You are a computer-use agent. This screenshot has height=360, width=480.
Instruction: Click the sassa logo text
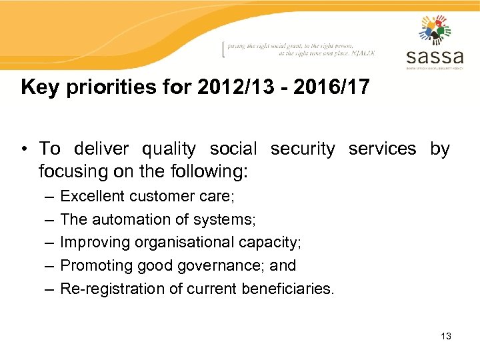(x=434, y=55)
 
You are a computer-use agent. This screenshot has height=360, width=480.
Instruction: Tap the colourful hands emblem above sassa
(x=435, y=30)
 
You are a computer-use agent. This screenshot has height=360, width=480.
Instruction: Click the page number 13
(x=446, y=336)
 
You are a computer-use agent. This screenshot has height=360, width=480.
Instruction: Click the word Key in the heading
(x=36, y=87)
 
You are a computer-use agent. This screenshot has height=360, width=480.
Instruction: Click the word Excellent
(x=92, y=196)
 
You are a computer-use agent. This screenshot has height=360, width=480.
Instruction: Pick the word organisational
(x=176, y=242)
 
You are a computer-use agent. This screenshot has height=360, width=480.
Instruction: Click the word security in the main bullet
(x=303, y=149)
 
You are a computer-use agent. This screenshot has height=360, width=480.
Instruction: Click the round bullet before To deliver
(x=25, y=149)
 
